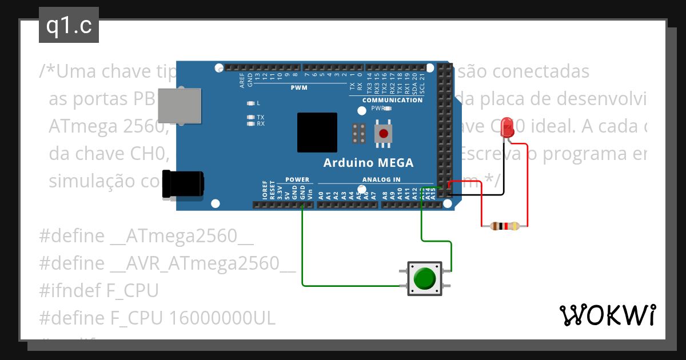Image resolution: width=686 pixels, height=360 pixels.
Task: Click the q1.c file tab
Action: [x=69, y=26]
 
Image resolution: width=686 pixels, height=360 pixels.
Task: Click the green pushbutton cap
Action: [x=424, y=278]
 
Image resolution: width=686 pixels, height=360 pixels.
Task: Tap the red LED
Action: [x=506, y=127]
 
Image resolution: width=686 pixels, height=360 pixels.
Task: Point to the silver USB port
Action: [x=180, y=105]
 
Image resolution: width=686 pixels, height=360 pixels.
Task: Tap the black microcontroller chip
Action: [x=317, y=132]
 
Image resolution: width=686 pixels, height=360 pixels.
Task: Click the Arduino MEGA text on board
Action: [x=368, y=163]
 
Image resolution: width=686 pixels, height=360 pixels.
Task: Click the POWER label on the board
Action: [x=297, y=179]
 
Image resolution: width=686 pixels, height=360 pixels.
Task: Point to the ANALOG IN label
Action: [x=381, y=179]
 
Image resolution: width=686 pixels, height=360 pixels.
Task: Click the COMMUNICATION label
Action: [x=393, y=100]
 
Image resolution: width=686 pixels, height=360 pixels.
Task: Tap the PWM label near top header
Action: [x=299, y=88]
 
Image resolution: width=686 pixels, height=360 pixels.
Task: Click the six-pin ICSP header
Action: [x=359, y=134]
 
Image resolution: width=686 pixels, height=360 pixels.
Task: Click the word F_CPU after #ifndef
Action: [x=132, y=290]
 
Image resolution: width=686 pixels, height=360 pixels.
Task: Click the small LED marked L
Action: [x=250, y=103]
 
